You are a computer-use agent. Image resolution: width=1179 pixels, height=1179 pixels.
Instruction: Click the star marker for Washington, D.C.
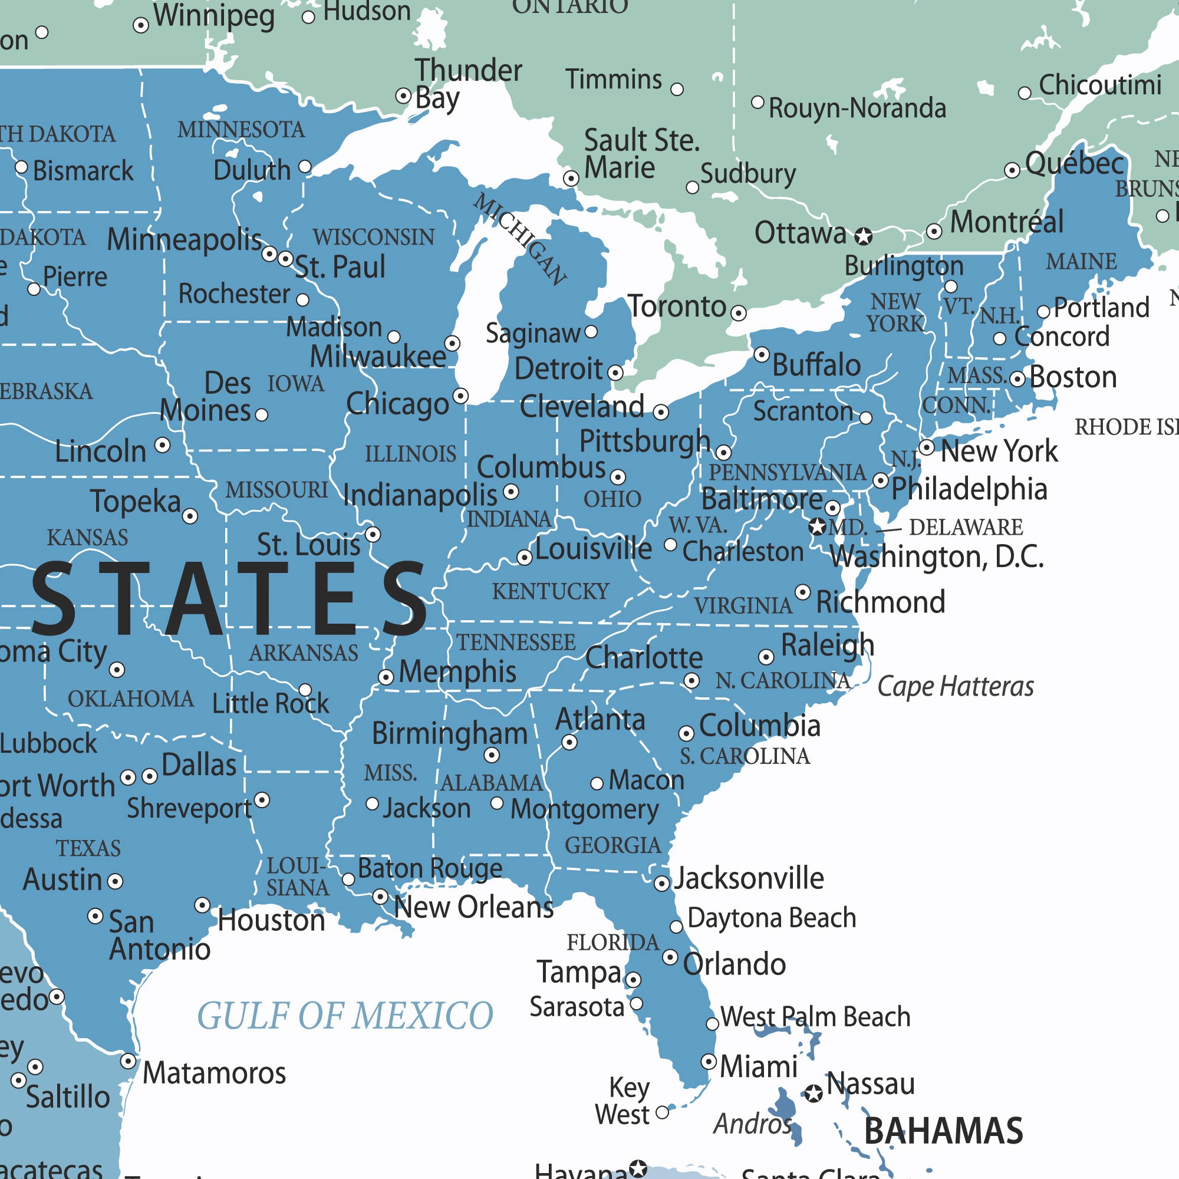[817, 526]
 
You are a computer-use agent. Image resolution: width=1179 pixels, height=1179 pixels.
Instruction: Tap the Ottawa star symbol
[863, 236]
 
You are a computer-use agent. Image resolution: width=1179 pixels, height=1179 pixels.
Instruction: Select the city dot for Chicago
[461, 396]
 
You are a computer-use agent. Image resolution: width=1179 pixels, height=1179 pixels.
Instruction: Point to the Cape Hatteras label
[955, 687]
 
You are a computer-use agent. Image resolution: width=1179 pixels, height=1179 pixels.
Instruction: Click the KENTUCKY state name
[551, 591]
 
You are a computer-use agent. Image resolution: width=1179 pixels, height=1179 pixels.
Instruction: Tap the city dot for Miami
[709, 1061]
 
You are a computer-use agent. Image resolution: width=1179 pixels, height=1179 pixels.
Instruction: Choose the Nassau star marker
[813, 1094]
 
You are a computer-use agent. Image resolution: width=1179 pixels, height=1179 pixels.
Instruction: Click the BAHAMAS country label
[943, 1131]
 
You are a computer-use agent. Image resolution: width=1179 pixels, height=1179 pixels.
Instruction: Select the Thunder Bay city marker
[403, 96]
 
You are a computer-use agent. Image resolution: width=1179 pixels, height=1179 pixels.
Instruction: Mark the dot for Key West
[662, 1113]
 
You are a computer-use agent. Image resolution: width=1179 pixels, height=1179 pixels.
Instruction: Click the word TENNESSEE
[516, 643]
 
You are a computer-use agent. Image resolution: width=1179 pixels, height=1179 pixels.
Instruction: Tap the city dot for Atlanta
[569, 743]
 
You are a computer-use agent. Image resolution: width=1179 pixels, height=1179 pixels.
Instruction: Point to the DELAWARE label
[966, 527]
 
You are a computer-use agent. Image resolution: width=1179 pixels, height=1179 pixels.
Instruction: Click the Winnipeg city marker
[141, 25]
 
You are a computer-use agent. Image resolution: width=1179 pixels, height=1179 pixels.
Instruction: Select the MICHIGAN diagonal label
[521, 239]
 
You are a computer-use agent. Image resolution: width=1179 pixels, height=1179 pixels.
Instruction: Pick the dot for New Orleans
[380, 897]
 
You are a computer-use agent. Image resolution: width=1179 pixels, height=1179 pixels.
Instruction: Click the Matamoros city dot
[128, 1061]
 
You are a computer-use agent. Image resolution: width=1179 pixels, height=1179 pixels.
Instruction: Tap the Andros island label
[752, 1124]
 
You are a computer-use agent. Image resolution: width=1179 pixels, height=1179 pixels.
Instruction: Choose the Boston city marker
[1017, 379]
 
